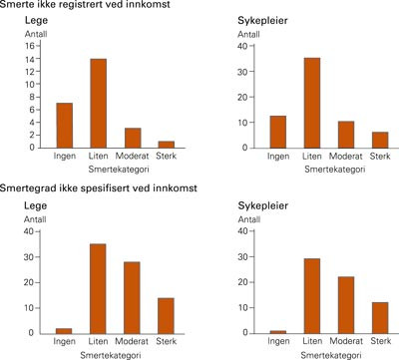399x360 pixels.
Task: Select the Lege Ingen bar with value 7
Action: pos(64,125)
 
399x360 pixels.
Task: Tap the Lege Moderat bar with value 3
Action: pos(132,138)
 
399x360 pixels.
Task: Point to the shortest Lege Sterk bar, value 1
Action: pos(166,144)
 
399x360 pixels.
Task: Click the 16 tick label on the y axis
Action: pos(31,46)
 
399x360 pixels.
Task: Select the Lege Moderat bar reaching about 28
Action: pos(132,297)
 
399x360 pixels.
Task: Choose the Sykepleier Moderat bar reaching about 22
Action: pos(345,304)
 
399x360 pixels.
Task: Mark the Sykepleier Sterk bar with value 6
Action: pos(379,140)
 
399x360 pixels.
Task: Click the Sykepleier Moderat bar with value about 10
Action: pos(345,134)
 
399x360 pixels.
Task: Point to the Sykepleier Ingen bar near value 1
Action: pos(277,331)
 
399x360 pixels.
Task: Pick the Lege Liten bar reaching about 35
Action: pos(98,288)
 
